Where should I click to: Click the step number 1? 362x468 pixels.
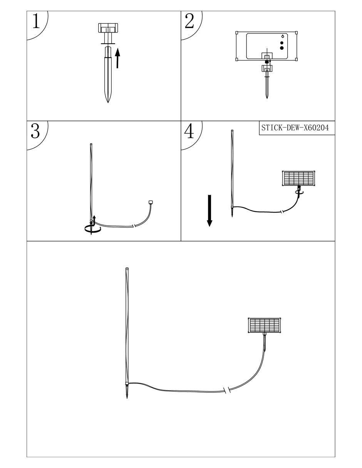pyautogui.click(x=36, y=21)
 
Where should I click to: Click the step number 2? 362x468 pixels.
pyautogui.click(x=189, y=21)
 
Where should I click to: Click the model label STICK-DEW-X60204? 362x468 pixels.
pyautogui.click(x=295, y=128)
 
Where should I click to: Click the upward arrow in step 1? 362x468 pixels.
pyautogui.click(x=117, y=58)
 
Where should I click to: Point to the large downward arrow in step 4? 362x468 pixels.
pyautogui.click(x=209, y=211)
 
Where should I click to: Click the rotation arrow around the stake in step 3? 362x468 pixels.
pyautogui.click(x=92, y=228)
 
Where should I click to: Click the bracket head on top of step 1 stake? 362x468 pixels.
pyautogui.click(x=108, y=28)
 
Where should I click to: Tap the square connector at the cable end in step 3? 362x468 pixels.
pyautogui.click(x=151, y=202)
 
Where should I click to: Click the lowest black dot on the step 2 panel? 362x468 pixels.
pyautogui.click(x=282, y=48)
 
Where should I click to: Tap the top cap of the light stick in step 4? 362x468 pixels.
pyautogui.click(x=232, y=131)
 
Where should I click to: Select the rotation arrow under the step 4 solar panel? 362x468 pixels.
pyautogui.click(x=299, y=192)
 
